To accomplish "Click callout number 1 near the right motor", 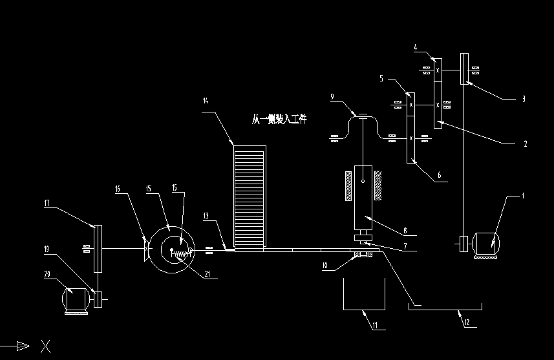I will [x=523, y=195].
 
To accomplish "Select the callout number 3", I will [x=523, y=100].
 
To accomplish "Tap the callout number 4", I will [x=415, y=47].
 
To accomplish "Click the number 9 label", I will [x=332, y=97].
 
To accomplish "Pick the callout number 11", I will [x=374, y=326].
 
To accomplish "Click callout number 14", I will [x=206, y=101].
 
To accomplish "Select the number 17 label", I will [x=47, y=203].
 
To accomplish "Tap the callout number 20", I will [x=47, y=275].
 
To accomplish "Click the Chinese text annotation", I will [x=279, y=119].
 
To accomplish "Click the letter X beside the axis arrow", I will [x=45, y=347].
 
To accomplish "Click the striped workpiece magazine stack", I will [x=250, y=196].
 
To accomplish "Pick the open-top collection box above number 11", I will [x=363, y=294].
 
